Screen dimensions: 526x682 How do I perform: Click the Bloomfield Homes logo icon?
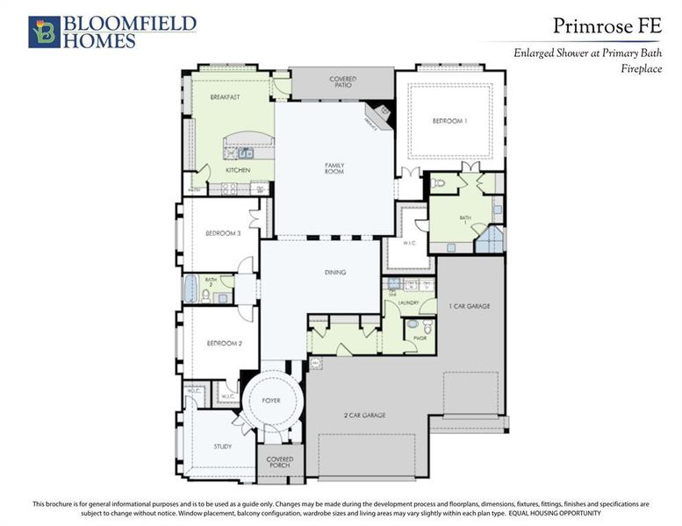[44, 32]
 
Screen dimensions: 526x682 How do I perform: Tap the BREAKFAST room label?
[225, 97]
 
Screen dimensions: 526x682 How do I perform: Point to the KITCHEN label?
[238, 169]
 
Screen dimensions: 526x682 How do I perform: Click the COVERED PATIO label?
[342, 83]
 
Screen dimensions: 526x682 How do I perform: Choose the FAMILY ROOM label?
[334, 167]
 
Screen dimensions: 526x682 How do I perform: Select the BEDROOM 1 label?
[450, 120]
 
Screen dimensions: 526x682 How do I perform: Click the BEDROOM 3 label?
[223, 233]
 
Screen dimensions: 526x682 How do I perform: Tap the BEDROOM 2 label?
[224, 343]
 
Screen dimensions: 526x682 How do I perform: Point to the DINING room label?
[334, 273]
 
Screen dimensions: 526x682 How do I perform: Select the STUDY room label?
[223, 446]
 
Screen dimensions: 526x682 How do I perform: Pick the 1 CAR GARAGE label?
[470, 306]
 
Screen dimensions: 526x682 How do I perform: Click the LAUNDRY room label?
[408, 302]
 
